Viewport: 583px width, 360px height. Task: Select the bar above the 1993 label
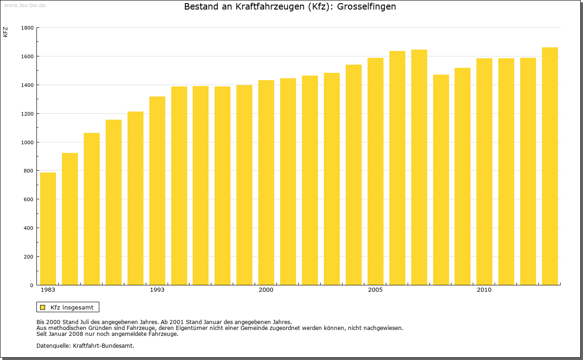point(157,191)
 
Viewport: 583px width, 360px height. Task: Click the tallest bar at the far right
point(550,166)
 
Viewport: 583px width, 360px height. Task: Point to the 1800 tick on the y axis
point(28,28)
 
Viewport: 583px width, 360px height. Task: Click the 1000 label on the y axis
point(28,142)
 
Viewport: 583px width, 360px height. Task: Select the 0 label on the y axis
point(32,285)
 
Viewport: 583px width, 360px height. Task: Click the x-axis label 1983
point(48,290)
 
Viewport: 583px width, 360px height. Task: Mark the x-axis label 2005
point(375,290)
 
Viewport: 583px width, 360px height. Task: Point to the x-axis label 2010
point(484,290)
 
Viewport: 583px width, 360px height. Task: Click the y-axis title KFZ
point(5,32)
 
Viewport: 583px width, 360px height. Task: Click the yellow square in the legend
point(43,307)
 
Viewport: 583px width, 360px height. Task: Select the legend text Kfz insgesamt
point(72,307)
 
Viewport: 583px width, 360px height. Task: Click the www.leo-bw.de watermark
point(24,5)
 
